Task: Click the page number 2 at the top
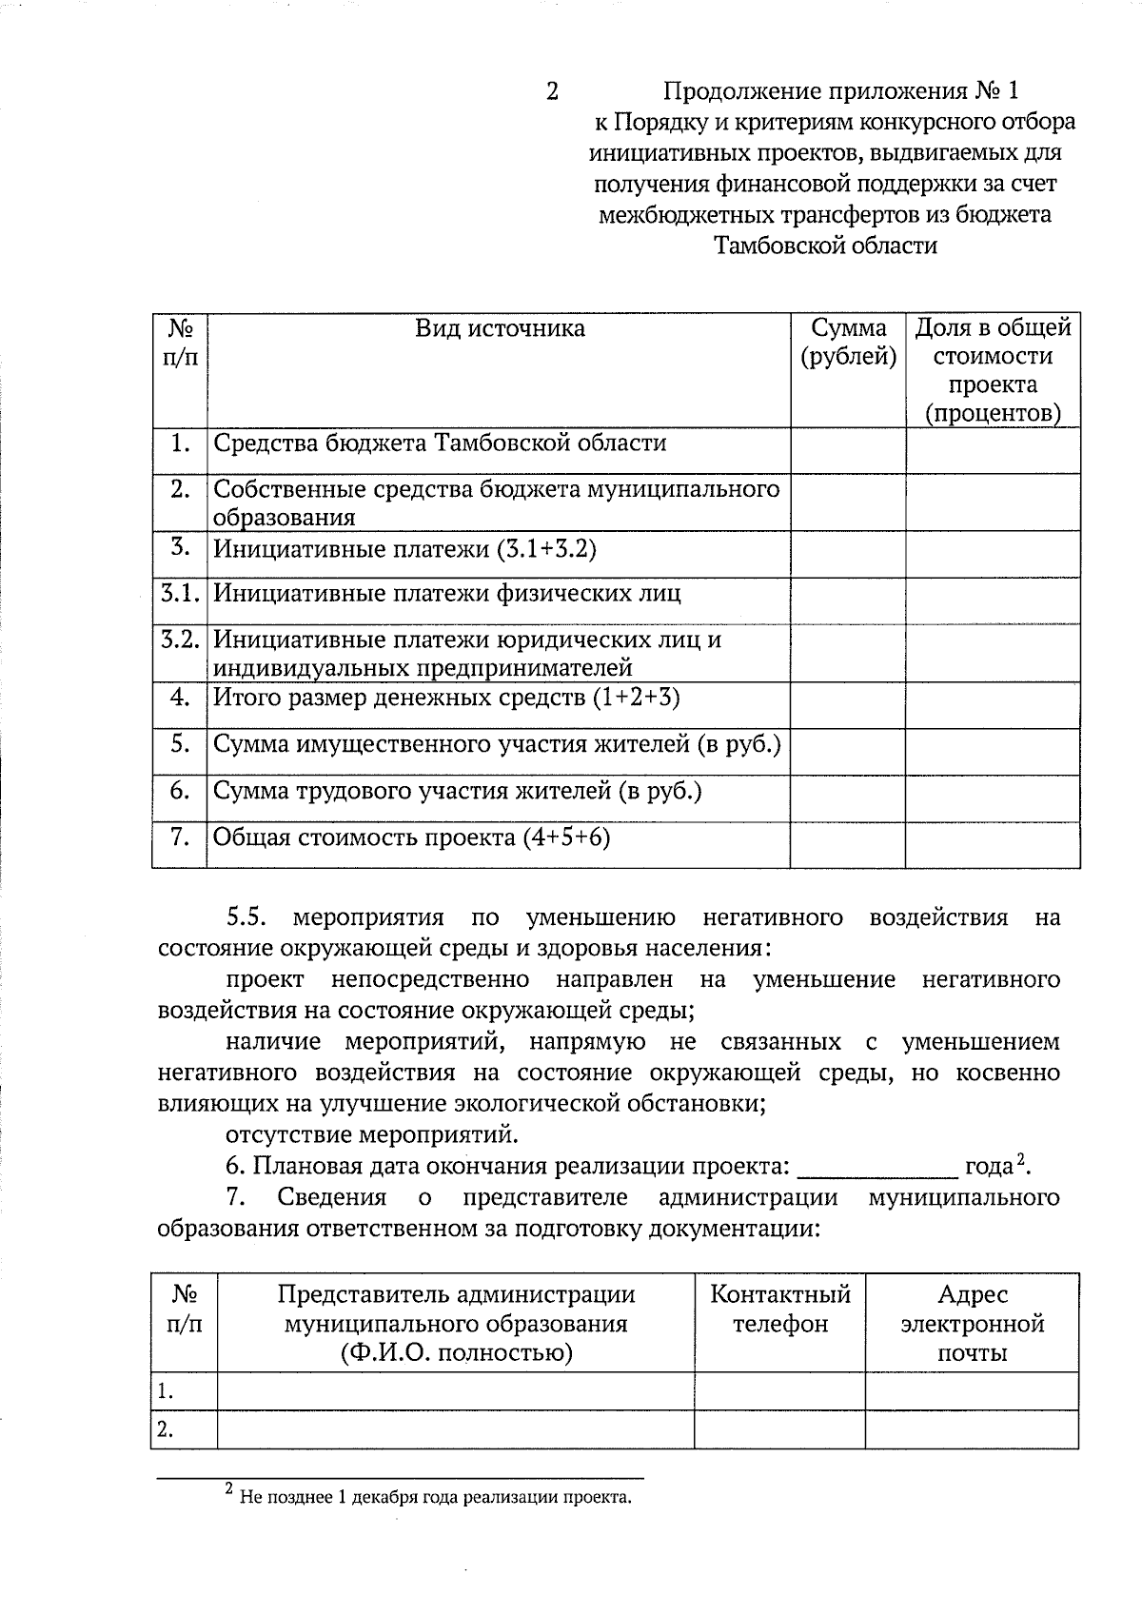tap(551, 91)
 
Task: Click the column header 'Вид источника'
tap(500, 329)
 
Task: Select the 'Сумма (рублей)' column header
tap(848, 343)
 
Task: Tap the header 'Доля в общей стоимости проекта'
tap(993, 370)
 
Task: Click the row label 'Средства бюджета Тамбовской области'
tap(439, 443)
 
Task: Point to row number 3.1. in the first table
tap(180, 594)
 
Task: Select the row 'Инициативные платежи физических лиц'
tap(446, 594)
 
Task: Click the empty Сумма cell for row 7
tap(847, 844)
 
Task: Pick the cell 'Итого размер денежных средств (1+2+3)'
tap(445, 698)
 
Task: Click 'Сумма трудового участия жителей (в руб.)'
tap(457, 791)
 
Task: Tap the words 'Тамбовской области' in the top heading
tap(825, 246)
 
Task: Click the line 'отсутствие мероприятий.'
tap(372, 1135)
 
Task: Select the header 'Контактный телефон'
tap(779, 1310)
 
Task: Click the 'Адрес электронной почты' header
tap(972, 1324)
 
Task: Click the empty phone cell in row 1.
tap(779, 1391)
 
